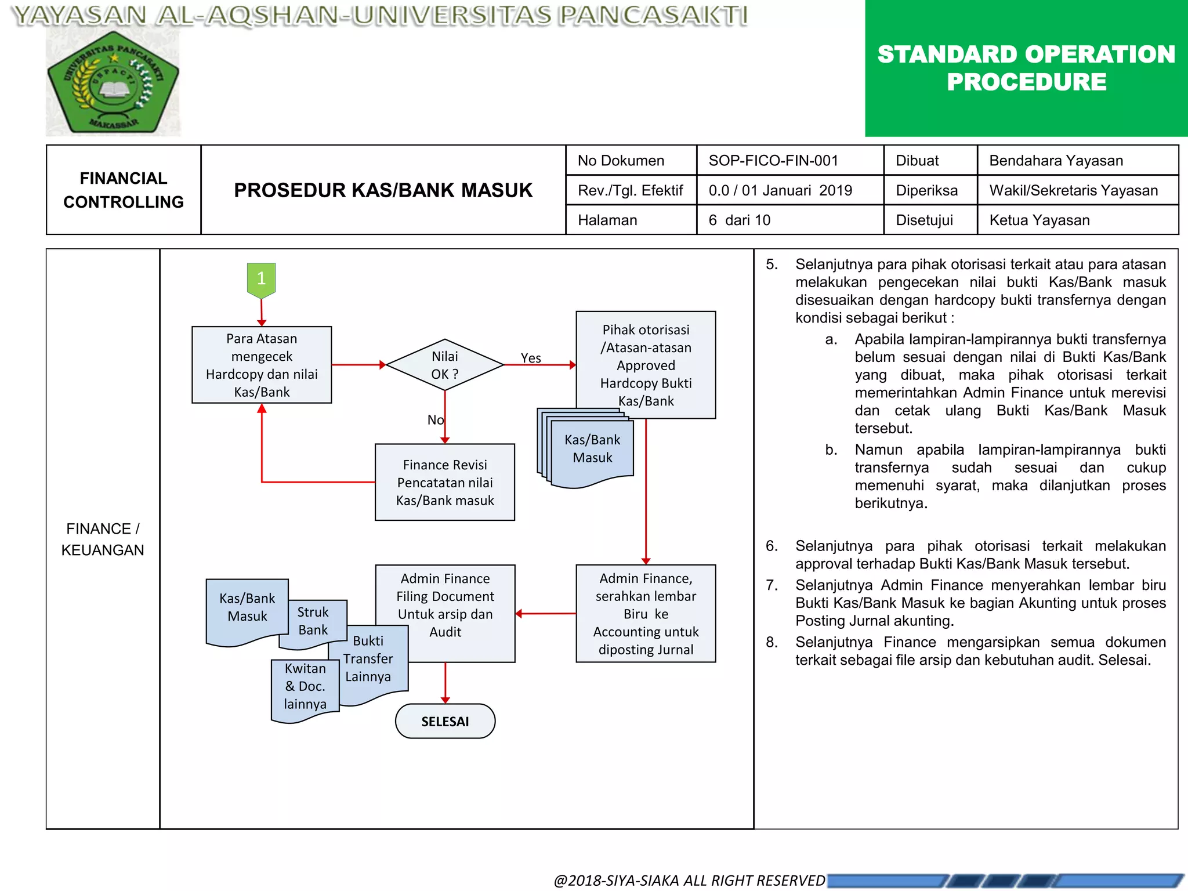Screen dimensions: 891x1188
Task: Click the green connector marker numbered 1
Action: tap(261, 279)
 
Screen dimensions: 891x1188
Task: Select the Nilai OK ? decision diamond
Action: tap(445, 365)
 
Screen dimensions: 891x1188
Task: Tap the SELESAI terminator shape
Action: tap(445, 721)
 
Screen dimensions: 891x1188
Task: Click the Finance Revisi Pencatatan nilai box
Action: tap(445, 482)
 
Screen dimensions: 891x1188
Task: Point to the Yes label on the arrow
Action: tap(531, 358)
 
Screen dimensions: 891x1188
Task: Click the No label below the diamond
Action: tap(435, 419)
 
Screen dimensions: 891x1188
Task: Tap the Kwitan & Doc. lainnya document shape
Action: tap(305, 687)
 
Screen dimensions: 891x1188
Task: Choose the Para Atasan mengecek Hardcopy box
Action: tap(262, 365)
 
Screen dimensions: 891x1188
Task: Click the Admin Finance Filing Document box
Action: tap(445, 604)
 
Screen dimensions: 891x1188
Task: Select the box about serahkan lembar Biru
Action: tap(646, 613)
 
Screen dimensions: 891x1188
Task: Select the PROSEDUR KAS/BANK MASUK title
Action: tap(383, 190)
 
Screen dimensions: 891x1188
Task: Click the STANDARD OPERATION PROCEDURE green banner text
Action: tap(1026, 68)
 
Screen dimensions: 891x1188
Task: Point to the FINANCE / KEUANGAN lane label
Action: tap(103, 539)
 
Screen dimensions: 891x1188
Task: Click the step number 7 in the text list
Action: tap(772, 585)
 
